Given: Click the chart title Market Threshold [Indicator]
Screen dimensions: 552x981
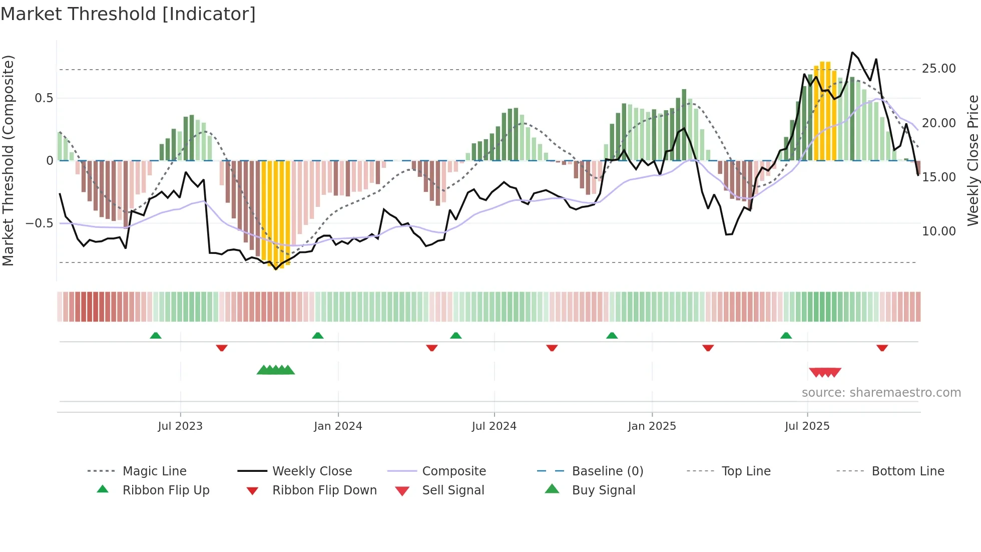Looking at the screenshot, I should pos(128,14).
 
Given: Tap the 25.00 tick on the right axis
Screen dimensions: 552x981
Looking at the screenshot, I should pos(938,69).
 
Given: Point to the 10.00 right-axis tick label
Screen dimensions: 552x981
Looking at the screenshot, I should pos(938,231).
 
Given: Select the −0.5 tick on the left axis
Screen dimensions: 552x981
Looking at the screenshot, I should pos(39,223).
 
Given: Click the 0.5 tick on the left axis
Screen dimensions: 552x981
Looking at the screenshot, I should pos(44,98).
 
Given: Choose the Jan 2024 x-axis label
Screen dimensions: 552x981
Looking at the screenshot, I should pos(338,426).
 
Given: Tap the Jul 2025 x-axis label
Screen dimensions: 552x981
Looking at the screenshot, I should pos(807,426).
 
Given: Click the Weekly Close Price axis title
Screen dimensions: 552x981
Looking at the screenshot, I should pos(972,160).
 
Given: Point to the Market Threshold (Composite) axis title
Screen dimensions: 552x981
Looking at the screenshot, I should pos(8,160).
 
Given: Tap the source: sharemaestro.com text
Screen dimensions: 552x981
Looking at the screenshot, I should pos(881,393).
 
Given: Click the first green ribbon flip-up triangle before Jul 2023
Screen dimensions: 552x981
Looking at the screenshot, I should pos(156,336).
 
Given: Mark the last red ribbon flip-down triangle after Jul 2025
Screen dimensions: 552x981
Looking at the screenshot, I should pos(882,348).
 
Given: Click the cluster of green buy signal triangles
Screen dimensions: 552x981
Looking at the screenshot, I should pos(275,370).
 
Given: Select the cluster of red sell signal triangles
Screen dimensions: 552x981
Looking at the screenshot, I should pos(825,372).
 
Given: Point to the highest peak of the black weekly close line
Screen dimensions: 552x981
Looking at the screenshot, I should pos(852,53).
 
